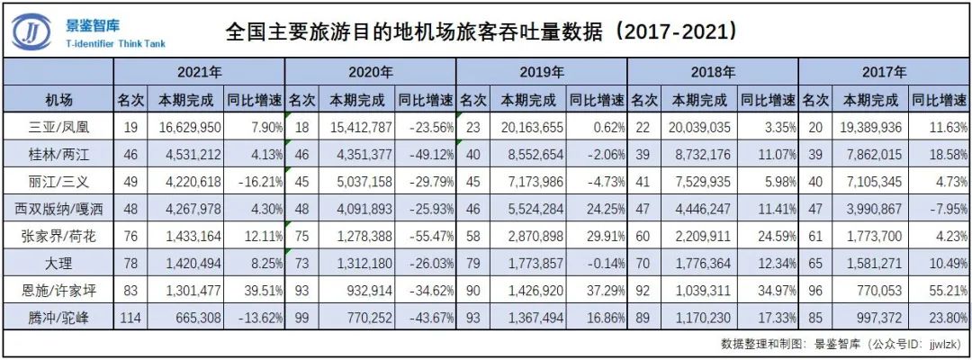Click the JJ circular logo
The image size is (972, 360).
click(x=32, y=31)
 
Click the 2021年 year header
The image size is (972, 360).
click(x=199, y=72)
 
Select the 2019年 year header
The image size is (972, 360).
click(x=542, y=72)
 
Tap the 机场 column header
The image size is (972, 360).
click(x=58, y=99)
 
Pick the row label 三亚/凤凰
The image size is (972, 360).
click(x=58, y=127)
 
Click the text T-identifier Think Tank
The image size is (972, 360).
click(x=116, y=43)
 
